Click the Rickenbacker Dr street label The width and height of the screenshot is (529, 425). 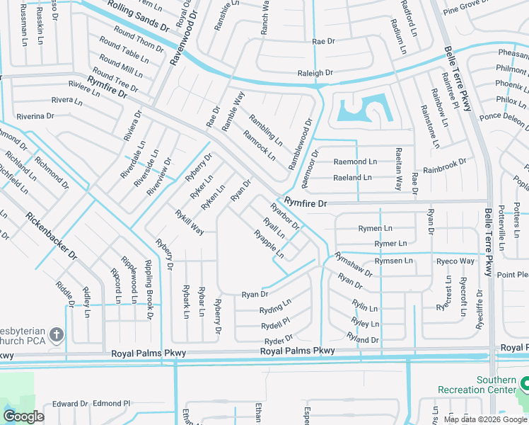coord(51,237)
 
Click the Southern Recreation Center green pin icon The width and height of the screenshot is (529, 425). coord(524,385)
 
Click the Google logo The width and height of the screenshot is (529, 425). coord(23,416)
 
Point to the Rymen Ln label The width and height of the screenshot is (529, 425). coord(375,229)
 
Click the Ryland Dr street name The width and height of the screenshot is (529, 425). coord(364,340)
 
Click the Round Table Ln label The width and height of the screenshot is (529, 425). coord(120,52)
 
